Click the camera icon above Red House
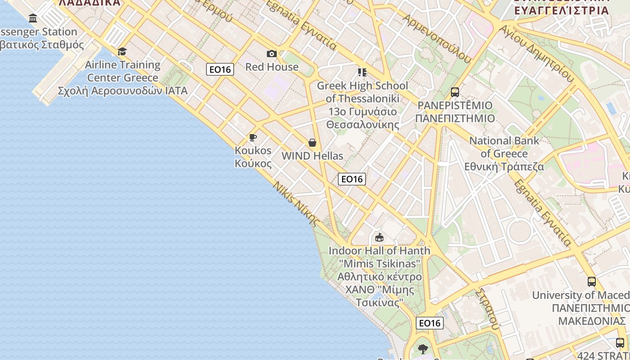click(x=272, y=54)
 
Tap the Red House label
click(x=272, y=67)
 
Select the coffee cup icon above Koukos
click(x=253, y=137)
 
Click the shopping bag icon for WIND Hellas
click(x=312, y=143)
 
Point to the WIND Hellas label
click(x=312, y=156)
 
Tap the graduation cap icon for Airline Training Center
click(x=122, y=51)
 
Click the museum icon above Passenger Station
click(x=33, y=18)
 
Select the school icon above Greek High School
click(x=362, y=72)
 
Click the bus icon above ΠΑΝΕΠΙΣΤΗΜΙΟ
click(x=455, y=92)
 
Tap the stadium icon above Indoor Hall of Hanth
click(x=379, y=237)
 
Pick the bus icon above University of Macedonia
click(x=592, y=282)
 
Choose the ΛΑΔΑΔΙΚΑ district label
click(x=90, y=3)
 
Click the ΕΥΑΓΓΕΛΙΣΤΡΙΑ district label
click(x=562, y=10)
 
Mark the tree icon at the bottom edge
click(x=423, y=349)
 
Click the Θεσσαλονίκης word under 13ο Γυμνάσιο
click(x=363, y=125)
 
